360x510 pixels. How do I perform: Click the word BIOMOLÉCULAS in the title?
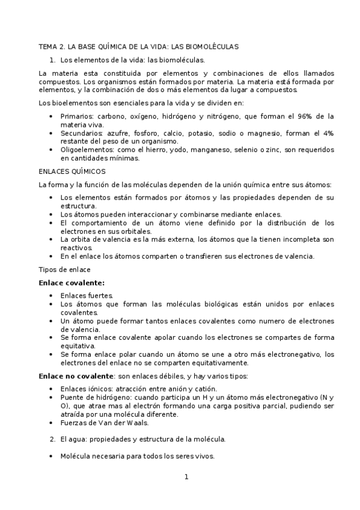[x=210, y=46]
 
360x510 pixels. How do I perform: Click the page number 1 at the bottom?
[x=186, y=477]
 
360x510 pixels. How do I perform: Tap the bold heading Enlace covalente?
[x=72, y=282]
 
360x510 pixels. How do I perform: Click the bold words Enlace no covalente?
[x=75, y=376]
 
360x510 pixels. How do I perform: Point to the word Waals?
[x=137, y=423]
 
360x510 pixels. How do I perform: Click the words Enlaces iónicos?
[x=87, y=389]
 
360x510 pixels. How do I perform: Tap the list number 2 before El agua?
[x=53, y=439]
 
